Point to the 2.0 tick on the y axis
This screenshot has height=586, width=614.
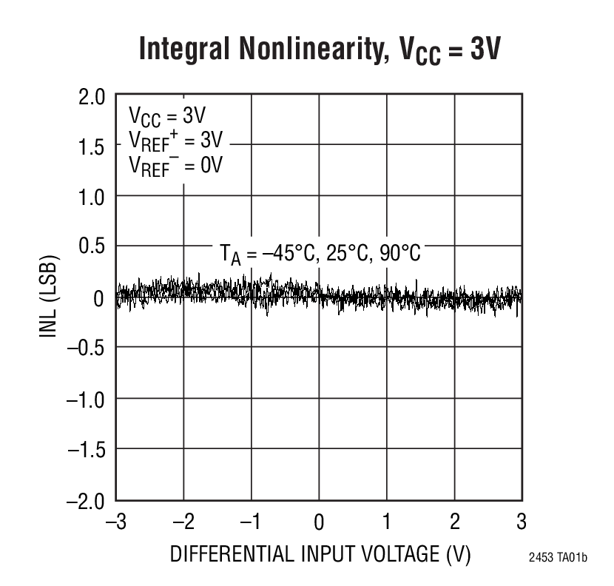click(92, 97)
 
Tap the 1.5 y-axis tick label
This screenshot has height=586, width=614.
click(92, 147)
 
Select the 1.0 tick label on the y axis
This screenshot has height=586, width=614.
click(92, 198)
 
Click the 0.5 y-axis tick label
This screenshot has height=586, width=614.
click(92, 248)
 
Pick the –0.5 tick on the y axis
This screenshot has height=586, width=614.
click(86, 348)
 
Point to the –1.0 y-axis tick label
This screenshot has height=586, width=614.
click(86, 399)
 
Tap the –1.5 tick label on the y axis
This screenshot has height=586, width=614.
click(86, 450)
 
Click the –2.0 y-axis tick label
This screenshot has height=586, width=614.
click(86, 502)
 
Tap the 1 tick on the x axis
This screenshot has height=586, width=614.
click(386, 522)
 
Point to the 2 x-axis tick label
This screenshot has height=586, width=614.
click(454, 522)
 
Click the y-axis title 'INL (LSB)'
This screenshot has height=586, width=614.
click(50, 298)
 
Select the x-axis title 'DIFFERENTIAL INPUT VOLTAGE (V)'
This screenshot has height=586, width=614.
click(320, 555)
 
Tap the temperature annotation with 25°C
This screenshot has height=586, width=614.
click(320, 253)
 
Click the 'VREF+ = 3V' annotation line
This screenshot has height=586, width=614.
click(175, 140)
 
